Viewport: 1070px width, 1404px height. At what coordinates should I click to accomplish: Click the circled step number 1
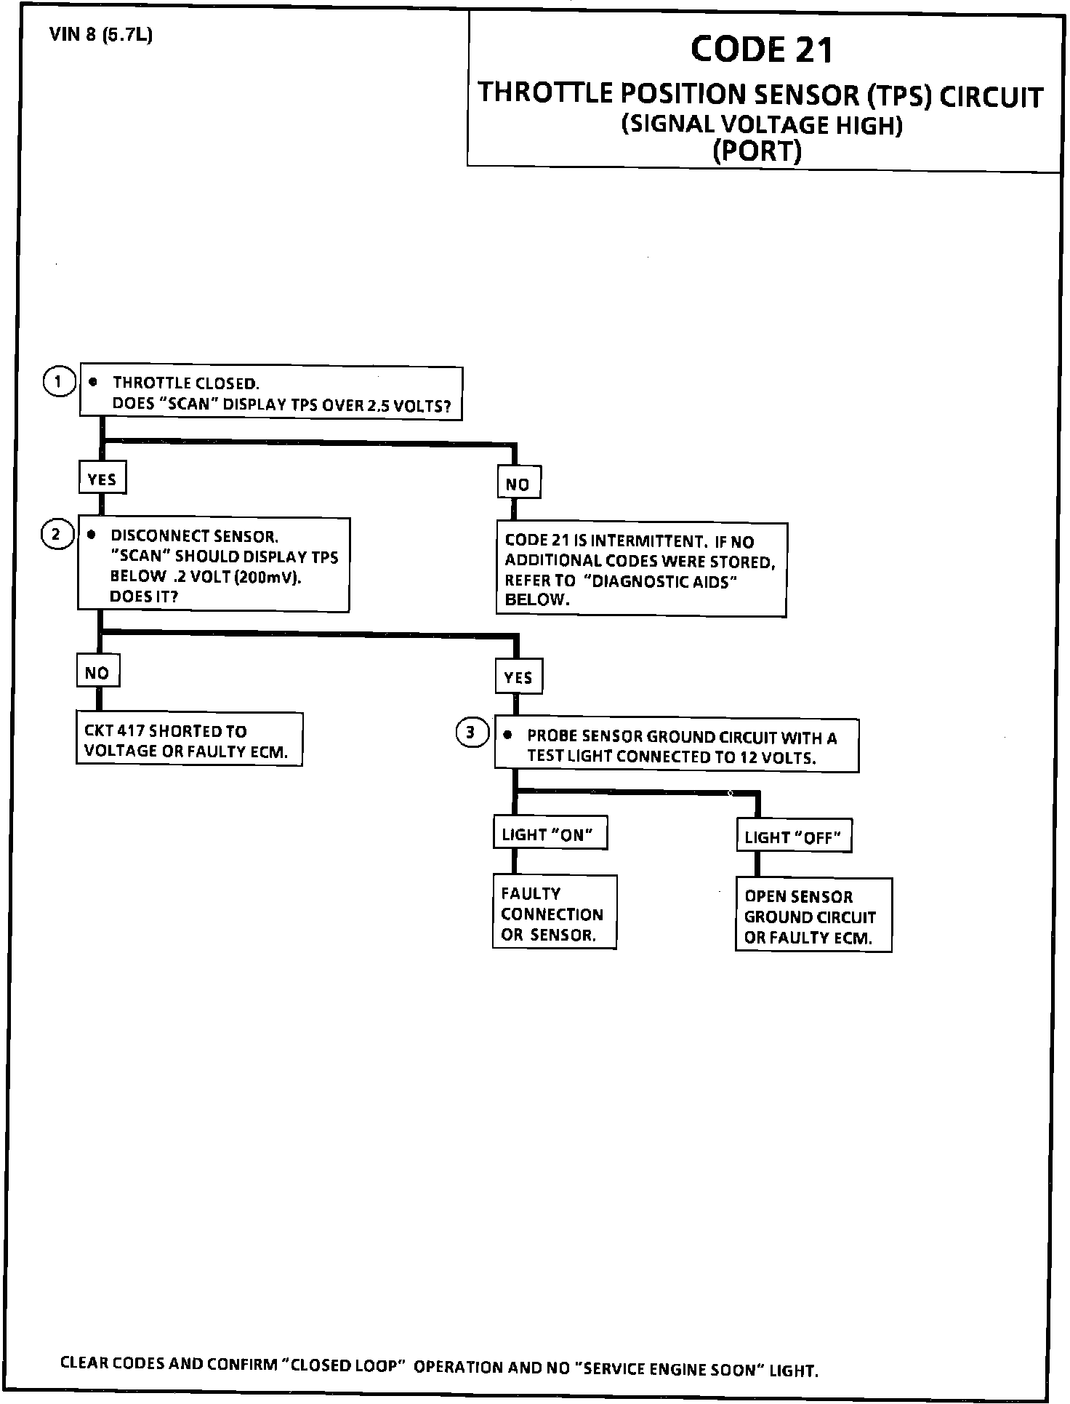(x=59, y=381)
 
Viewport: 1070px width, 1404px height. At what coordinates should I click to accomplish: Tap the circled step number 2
(x=57, y=535)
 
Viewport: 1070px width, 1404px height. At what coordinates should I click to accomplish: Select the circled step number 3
(x=471, y=733)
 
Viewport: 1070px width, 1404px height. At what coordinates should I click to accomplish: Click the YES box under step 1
(x=102, y=478)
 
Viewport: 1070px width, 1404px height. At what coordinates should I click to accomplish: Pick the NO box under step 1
(x=518, y=483)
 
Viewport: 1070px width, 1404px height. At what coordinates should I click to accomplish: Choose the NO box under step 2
(x=97, y=671)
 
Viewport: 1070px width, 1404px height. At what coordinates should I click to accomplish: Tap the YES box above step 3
(x=518, y=677)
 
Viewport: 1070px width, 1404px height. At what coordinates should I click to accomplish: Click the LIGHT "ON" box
(x=549, y=834)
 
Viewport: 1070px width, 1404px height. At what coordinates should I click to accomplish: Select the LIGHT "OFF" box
(x=793, y=837)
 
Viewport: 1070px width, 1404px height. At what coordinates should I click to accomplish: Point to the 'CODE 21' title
(x=761, y=49)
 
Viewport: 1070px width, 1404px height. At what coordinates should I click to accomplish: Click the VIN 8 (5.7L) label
(x=101, y=35)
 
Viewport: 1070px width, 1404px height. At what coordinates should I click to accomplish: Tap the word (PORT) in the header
(x=757, y=151)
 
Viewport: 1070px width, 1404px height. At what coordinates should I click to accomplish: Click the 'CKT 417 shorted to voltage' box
(x=189, y=740)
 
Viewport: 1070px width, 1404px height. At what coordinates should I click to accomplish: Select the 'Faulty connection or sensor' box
(x=554, y=913)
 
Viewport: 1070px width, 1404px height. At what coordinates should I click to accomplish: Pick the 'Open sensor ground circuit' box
(x=813, y=916)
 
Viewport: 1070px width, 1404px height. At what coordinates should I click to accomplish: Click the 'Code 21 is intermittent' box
(x=641, y=570)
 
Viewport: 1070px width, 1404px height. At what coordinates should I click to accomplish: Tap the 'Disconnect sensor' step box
(x=214, y=565)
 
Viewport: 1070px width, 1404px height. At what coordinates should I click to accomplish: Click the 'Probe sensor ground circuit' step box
(x=676, y=746)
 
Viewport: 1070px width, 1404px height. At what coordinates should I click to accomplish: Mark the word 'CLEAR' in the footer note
(x=82, y=1363)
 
